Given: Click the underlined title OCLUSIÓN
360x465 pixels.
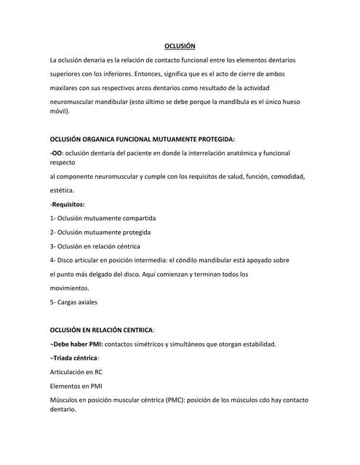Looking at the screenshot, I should (180, 45).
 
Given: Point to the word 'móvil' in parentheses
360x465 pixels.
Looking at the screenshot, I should (59, 112).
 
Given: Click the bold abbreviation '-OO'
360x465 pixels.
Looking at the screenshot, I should (55, 153).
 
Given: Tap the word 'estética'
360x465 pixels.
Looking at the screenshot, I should (62, 190).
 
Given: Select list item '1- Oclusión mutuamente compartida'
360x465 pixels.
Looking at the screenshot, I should (103, 218).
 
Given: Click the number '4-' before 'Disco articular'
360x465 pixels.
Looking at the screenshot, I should (53, 260).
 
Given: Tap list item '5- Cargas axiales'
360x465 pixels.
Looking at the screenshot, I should (73, 302).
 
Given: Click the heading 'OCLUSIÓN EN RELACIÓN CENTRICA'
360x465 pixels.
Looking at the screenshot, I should (111, 330).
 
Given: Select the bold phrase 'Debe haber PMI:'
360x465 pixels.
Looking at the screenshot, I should (77, 344).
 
